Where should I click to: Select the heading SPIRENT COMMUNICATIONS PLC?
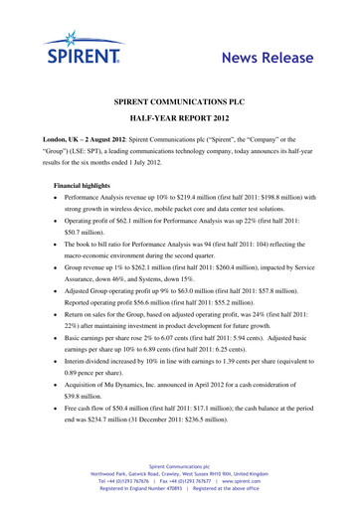point(179,102)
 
